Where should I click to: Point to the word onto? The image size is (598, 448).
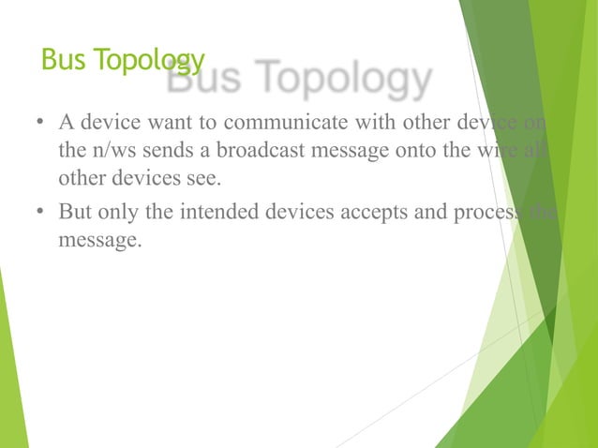[391, 152]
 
